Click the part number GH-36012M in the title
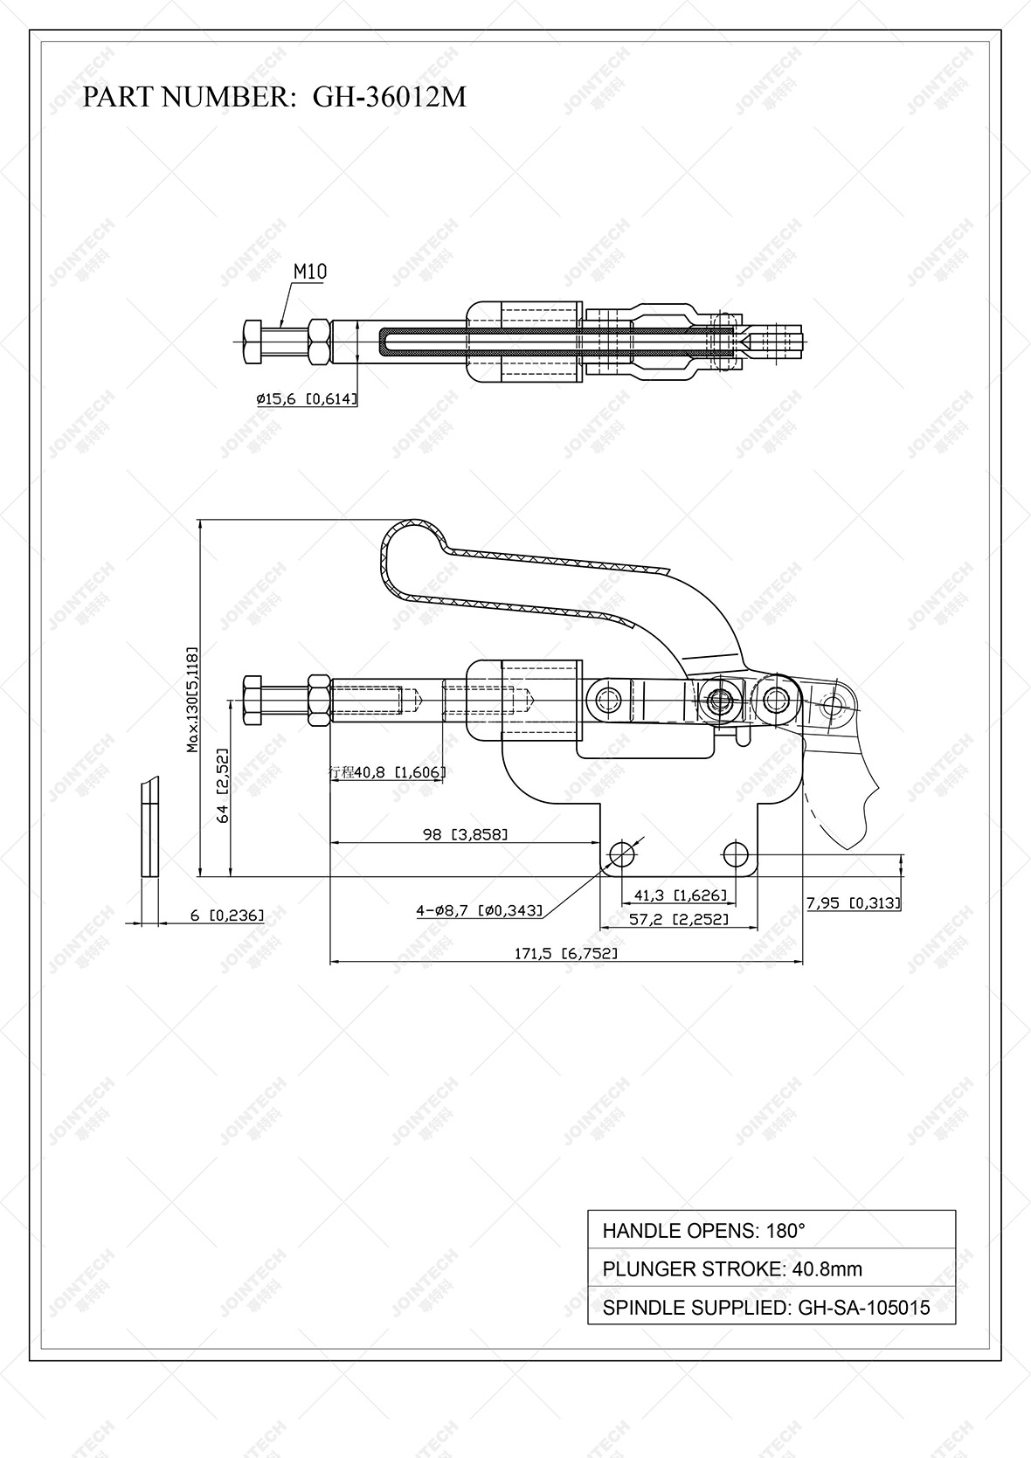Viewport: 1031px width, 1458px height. pyautogui.click(x=389, y=97)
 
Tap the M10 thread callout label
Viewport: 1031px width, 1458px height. pyautogui.click(x=309, y=272)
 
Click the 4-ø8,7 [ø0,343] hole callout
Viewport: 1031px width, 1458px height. pyautogui.click(x=479, y=910)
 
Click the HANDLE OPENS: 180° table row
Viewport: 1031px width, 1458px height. pyautogui.click(x=771, y=1230)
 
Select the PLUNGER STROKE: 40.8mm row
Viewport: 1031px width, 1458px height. pyautogui.click(x=771, y=1268)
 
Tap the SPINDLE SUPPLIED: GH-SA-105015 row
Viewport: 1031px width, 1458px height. pyautogui.click(x=771, y=1307)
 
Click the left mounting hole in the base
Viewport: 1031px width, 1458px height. pyautogui.click(x=622, y=853)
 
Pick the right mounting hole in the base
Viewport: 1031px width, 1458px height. pyautogui.click(x=737, y=853)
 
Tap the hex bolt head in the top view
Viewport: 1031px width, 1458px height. pyautogui.click(x=251, y=342)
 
